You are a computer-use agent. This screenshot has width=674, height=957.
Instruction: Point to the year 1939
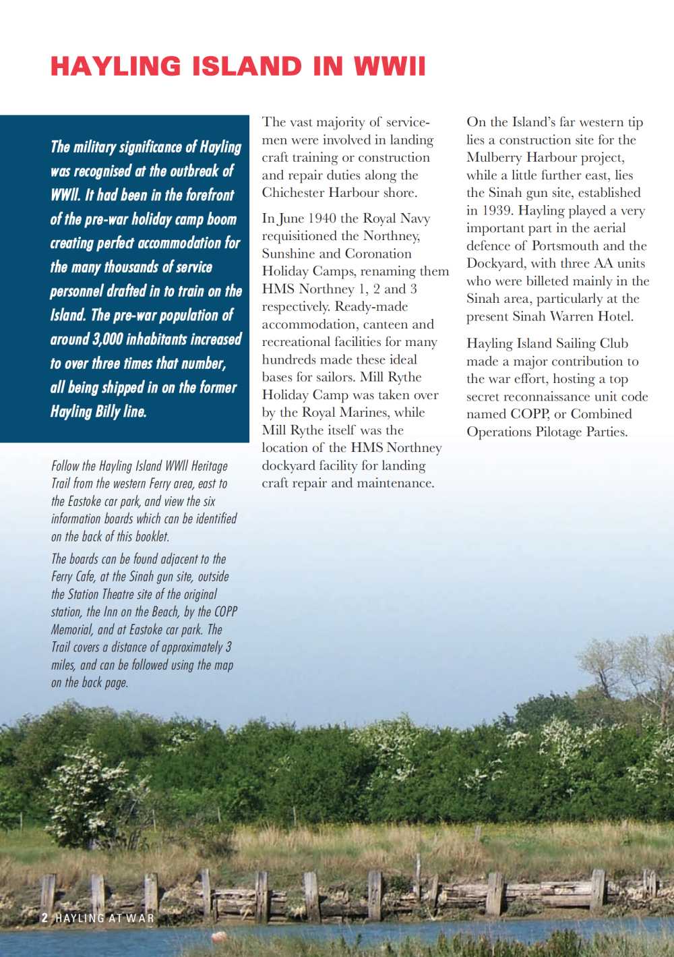click(x=496, y=210)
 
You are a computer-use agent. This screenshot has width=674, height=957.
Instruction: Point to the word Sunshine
click(x=288, y=254)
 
